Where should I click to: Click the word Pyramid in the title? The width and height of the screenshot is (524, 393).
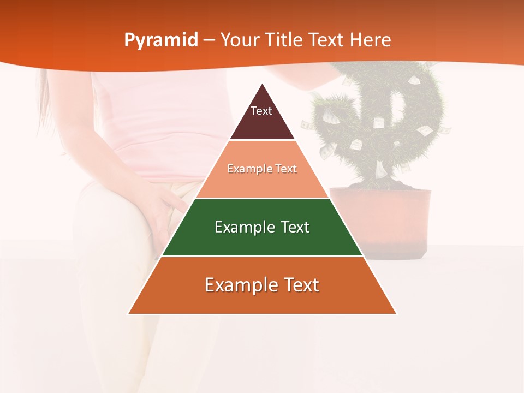pos(160,40)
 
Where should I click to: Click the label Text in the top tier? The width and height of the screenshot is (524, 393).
pos(261,111)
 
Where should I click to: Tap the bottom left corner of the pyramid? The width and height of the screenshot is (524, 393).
pos(129,313)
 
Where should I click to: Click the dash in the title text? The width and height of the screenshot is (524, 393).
pos(209,40)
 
